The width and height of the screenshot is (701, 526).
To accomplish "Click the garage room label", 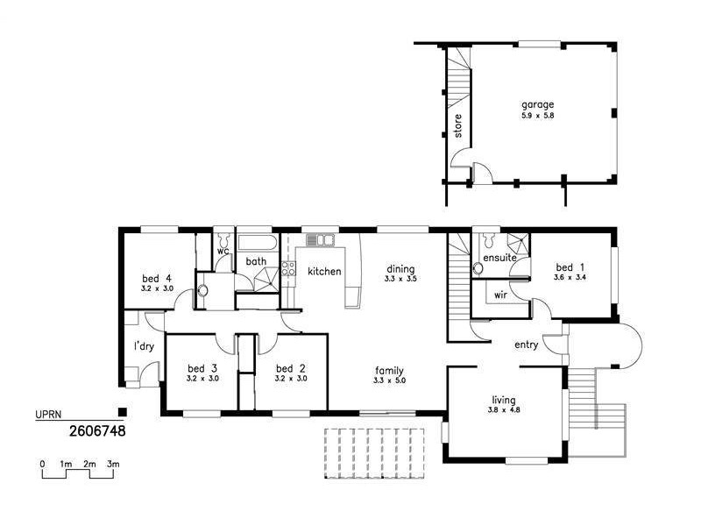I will [538, 104].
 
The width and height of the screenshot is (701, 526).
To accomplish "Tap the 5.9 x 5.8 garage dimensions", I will [538, 115].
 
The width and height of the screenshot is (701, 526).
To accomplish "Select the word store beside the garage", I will [457, 126].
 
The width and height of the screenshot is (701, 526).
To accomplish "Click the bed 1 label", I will [570, 267].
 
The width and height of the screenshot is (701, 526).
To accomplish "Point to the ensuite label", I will [499, 259].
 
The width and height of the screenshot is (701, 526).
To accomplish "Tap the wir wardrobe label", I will [501, 295].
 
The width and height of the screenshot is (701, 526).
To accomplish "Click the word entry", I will [526, 345].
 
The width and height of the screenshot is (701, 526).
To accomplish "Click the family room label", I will [390, 370].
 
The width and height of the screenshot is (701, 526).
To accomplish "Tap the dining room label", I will [400, 269].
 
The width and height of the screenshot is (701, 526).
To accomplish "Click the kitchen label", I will [324, 271].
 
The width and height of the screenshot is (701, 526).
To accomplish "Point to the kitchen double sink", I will [320, 239].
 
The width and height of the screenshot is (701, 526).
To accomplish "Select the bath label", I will [256, 261].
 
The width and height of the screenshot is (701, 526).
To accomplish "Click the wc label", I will [223, 251].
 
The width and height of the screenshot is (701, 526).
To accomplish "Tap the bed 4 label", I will [155, 278].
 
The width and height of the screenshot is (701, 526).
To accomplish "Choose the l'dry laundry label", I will [144, 346].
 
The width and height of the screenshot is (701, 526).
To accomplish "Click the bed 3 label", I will [202, 368].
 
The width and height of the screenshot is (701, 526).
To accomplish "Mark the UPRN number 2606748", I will [97, 431].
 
